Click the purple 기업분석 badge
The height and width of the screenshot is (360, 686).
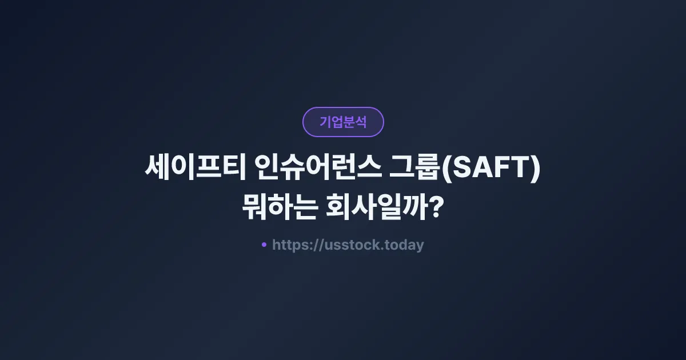tap(343, 122)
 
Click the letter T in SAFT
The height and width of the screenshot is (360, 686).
tap(518, 170)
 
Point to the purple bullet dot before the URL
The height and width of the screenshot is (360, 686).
tap(264, 245)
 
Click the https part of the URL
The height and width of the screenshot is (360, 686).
tap(290, 245)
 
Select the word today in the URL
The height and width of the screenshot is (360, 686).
tap(404, 245)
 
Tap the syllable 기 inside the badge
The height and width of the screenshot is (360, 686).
tap(325, 122)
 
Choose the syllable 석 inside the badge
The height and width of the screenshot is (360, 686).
tap(361, 122)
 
